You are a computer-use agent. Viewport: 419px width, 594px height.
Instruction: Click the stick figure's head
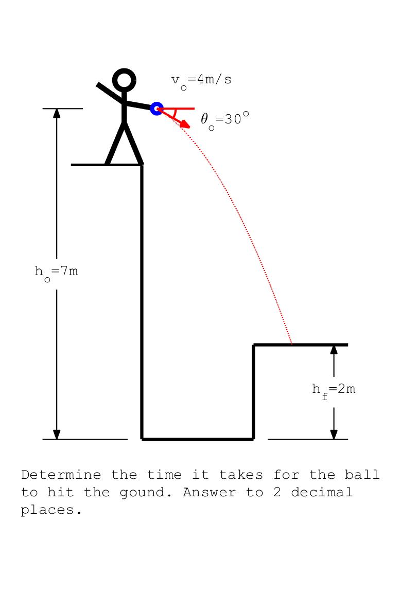pos(124,80)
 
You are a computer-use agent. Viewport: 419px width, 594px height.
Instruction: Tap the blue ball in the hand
pos(156,109)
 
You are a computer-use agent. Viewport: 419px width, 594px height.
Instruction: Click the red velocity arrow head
pos(186,125)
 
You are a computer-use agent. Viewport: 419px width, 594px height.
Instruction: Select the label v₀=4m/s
pos(201,80)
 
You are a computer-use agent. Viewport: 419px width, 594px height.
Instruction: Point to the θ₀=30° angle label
pos(224,120)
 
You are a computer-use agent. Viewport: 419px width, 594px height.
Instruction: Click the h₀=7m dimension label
pos(57,272)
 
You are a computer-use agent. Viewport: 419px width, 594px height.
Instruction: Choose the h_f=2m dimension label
pos(334,390)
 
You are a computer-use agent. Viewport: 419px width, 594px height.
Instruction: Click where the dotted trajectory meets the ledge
pos(292,344)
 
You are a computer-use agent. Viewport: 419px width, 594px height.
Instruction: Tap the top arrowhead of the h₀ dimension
pos(57,114)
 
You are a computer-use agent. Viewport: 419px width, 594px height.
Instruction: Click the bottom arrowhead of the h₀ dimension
pos(57,434)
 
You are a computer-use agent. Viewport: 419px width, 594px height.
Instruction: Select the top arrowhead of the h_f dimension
pos(334,350)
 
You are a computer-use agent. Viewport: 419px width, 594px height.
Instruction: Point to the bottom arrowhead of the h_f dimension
pos(334,434)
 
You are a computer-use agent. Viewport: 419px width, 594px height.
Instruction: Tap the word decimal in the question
pos(322,493)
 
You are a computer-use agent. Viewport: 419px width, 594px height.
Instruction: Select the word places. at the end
pos(51,511)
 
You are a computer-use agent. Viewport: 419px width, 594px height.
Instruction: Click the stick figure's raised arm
pos(110,92)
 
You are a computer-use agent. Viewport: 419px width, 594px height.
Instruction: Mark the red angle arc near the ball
pos(176,114)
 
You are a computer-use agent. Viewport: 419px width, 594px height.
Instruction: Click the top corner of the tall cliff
pos(142,165)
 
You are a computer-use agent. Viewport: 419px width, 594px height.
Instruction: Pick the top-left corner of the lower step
pos(254,345)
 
